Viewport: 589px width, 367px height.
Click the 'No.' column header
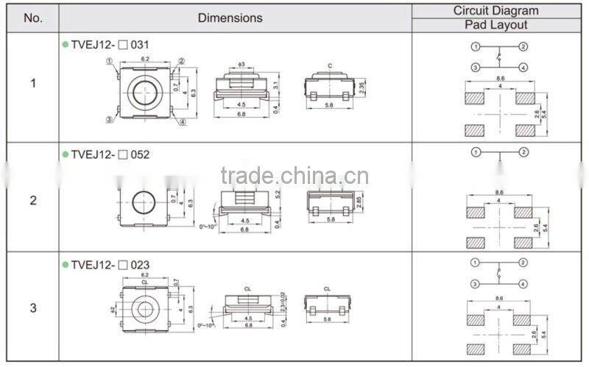tap(33, 18)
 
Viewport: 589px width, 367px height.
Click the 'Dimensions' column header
tap(230, 18)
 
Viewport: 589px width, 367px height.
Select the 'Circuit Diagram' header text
tap(495, 10)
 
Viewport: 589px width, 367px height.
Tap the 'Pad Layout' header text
tap(495, 25)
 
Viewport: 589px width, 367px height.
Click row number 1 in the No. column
tap(33, 83)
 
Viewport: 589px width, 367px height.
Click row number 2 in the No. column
tap(33, 200)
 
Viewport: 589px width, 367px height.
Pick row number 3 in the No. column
tap(33, 308)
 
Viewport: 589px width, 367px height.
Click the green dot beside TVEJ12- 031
tap(65, 45)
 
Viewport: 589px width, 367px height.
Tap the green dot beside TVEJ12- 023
tap(65, 265)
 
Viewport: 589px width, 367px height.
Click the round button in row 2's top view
tap(144, 200)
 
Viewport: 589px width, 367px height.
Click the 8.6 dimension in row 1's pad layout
tap(501, 78)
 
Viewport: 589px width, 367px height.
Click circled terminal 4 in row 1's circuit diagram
tap(523, 67)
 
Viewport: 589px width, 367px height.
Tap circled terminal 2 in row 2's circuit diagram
tap(523, 152)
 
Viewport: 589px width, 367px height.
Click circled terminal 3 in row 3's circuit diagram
tap(476, 283)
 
